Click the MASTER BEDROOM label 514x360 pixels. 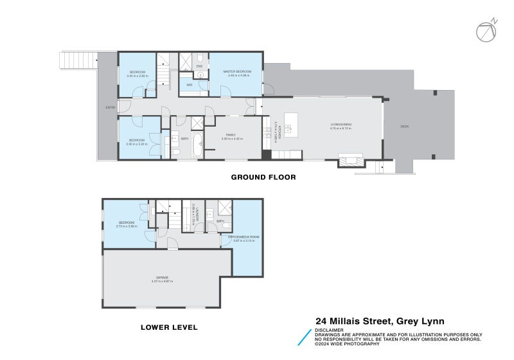point(236,71)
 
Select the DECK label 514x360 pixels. point(404,126)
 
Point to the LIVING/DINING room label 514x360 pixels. point(341,125)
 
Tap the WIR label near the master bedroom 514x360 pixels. point(190,84)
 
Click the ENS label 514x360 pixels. point(199,66)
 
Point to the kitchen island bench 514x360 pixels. point(291,124)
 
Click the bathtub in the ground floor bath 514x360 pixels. point(197,145)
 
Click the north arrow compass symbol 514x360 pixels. point(486,31)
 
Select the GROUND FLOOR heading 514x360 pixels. point(263,177)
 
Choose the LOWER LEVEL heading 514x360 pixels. point(169,327)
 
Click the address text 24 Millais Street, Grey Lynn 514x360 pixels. point(389,321)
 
